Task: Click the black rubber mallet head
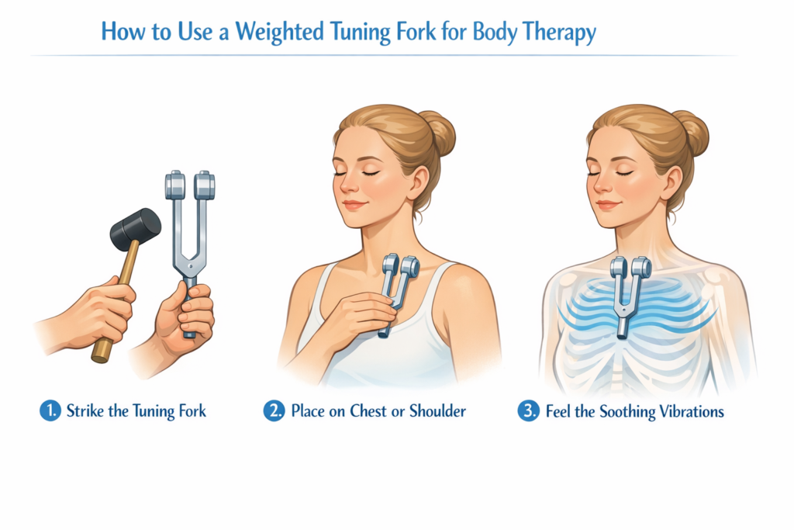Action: point(135,230)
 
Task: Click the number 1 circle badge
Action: point(50,410)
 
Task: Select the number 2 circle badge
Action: point(274,410)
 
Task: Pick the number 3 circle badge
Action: point(528,410)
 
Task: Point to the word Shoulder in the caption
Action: point(437,410)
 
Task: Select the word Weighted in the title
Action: point(279,31)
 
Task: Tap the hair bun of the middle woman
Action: point(439,133)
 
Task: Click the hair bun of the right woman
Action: point(692,133)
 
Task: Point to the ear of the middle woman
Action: point(419,183)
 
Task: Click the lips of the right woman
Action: point(608,205)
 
